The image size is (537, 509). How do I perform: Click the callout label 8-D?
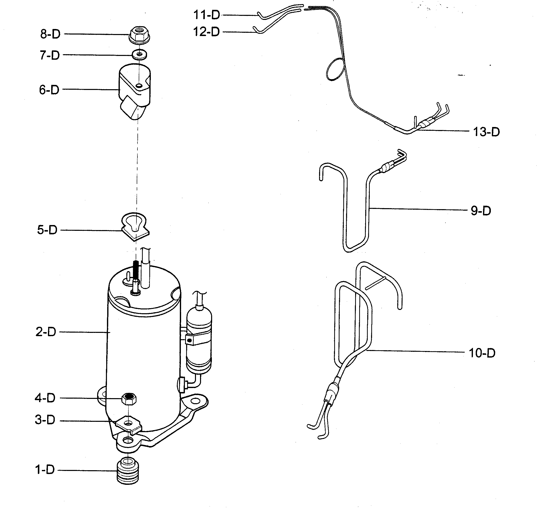pos(50,34)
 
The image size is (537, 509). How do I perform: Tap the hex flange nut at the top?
pos(139,34)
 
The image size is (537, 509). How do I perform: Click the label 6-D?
pos(49,90)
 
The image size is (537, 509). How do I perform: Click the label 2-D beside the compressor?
pos(46,332)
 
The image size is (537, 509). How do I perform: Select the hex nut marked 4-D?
pos(128,398)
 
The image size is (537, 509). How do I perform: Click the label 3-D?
pos(45,420)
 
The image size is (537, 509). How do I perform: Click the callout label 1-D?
pos(45,469)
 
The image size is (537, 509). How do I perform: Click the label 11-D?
pos(206,15)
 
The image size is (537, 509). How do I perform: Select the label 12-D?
pos(206,32)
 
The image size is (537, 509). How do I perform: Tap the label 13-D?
pos(486,132)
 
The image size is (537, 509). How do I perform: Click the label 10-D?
pos(482,353)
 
